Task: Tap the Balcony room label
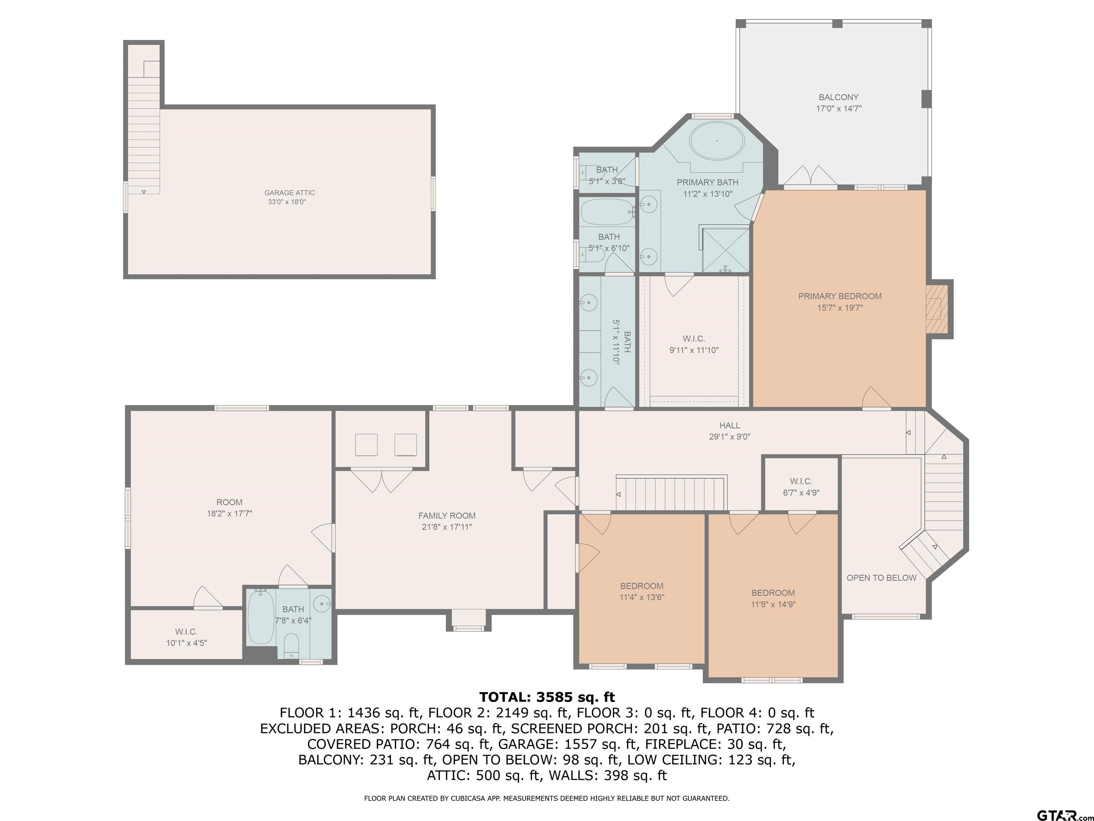pos(838,98)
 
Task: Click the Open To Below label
pos(881,578)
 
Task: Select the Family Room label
pos(447,516)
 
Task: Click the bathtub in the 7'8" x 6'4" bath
pos(261,616)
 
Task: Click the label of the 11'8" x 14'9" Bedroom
pos(773,593)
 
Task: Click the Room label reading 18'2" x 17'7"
pos(229,502)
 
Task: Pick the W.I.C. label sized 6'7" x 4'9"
pos(801,481)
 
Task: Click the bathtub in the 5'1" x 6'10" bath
pos(607,212)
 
